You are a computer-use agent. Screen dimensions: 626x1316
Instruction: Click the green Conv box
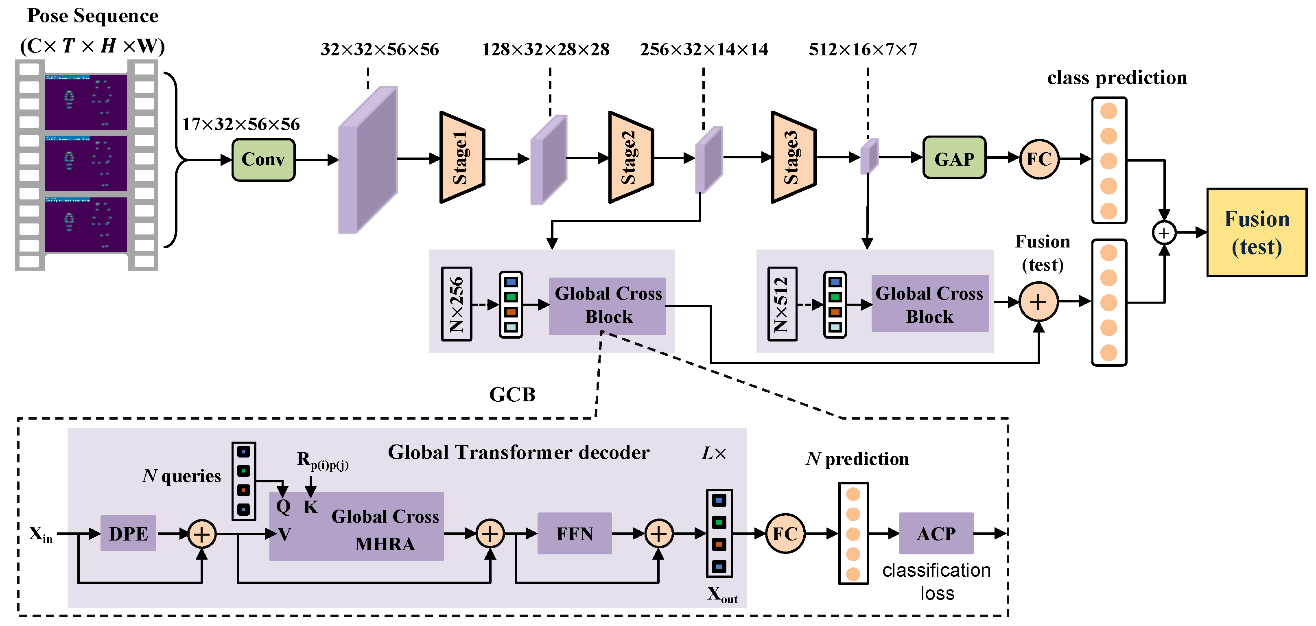(263, 160)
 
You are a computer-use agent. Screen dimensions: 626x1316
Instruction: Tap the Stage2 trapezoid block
(630, 158)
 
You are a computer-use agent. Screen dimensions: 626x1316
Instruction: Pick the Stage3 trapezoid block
(792, 158)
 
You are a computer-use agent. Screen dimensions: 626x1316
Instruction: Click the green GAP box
(954, 158)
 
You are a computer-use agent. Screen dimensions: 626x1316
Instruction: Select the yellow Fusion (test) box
(1256, 232)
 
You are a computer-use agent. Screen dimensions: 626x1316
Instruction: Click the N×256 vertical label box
(456, 304)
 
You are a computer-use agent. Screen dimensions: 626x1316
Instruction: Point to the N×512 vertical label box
(782, 304)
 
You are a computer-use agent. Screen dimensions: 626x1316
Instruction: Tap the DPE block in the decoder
(128, 534)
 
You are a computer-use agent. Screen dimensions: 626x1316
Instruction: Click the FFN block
(574, 534)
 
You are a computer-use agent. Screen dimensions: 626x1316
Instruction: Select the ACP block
(936, 534)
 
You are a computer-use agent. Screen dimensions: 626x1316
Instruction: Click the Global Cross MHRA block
(356, 526)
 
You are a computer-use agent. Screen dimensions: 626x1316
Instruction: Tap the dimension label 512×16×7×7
(863, 50)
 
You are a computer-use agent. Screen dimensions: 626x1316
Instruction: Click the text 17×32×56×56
(240, 124)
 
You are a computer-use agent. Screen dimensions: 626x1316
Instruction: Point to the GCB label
(512, 394)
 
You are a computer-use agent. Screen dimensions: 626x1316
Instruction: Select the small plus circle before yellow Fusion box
(1164, 233)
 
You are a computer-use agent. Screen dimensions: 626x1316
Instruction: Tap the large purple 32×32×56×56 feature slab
(368, 160)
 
